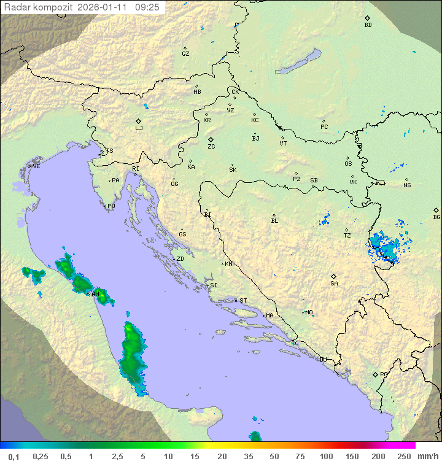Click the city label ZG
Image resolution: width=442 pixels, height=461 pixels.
tap(211, 147)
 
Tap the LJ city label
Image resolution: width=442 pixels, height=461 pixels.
tap(139, 128)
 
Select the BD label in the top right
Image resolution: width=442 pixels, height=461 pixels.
tap(368, 25)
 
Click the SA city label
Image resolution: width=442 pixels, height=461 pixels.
tap(334, 283)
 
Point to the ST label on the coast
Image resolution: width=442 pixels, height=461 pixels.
tap(243, 301)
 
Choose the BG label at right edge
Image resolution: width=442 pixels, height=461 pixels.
tap(436, 217)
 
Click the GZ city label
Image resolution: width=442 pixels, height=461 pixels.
tap(185, 53)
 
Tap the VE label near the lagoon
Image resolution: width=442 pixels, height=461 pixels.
tap(36, 166)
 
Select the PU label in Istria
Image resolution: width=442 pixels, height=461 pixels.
tap(111, 206)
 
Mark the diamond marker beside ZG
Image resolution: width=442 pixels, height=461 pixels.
tap(211, 140)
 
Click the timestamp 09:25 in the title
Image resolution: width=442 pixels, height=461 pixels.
tap(147, 7)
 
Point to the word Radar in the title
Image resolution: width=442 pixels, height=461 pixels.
tap(16, 7)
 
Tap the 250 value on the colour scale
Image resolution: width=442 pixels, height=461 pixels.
tap(403, 456)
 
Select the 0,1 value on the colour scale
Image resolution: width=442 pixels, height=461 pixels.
tap(14, 456)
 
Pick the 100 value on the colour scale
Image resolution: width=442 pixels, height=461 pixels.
tap(326, 456)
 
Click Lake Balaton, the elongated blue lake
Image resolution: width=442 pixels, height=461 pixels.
tap(298, 62)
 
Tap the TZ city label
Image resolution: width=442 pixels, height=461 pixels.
tap(347, 235)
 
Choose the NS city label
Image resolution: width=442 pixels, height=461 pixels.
tap(407, 185)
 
